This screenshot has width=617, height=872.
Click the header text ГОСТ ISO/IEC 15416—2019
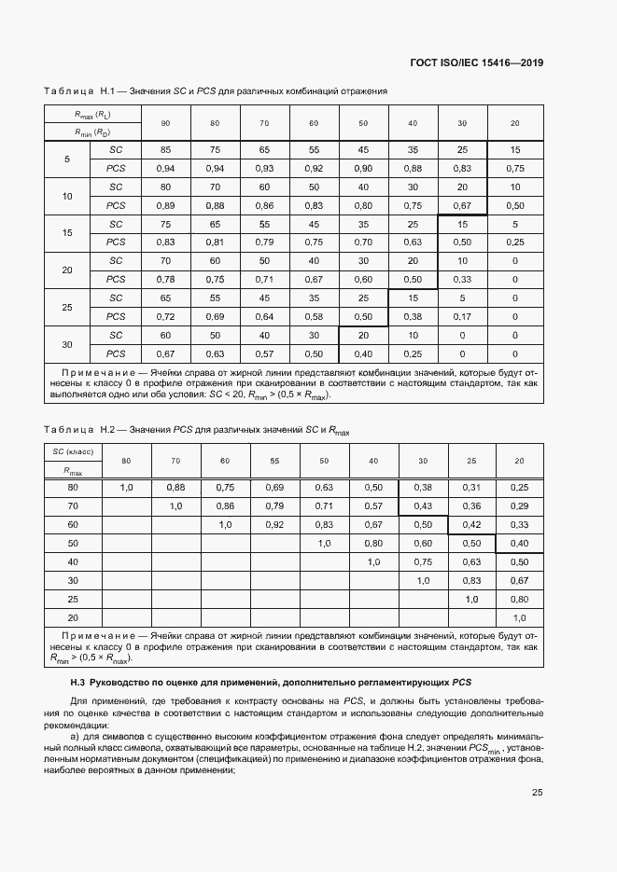click(476, 63)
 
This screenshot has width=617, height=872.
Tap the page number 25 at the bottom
click(538, 793)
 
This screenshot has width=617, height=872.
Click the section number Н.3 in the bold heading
click(77, 683)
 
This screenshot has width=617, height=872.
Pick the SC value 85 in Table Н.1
click(165, 150)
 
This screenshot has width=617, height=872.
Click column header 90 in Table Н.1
click(165, 123)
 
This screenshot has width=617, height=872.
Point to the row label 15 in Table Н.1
click(66, 233)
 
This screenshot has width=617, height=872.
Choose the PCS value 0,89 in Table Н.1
click(165, 205)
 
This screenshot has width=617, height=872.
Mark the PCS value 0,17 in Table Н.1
click(461, 317)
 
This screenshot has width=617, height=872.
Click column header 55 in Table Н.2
click(274, 461)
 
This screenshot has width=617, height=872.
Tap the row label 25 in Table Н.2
click(72, 598)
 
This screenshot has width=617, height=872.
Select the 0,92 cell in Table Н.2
click(274, 524)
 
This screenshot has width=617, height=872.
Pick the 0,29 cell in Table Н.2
click(520, 505)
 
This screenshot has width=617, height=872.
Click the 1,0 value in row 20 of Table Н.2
click(520, 617)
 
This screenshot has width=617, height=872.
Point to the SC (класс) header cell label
click(72, 450)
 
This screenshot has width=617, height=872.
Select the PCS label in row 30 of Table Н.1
click(116, 353)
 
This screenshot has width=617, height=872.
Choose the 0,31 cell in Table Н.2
click(471, 487)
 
